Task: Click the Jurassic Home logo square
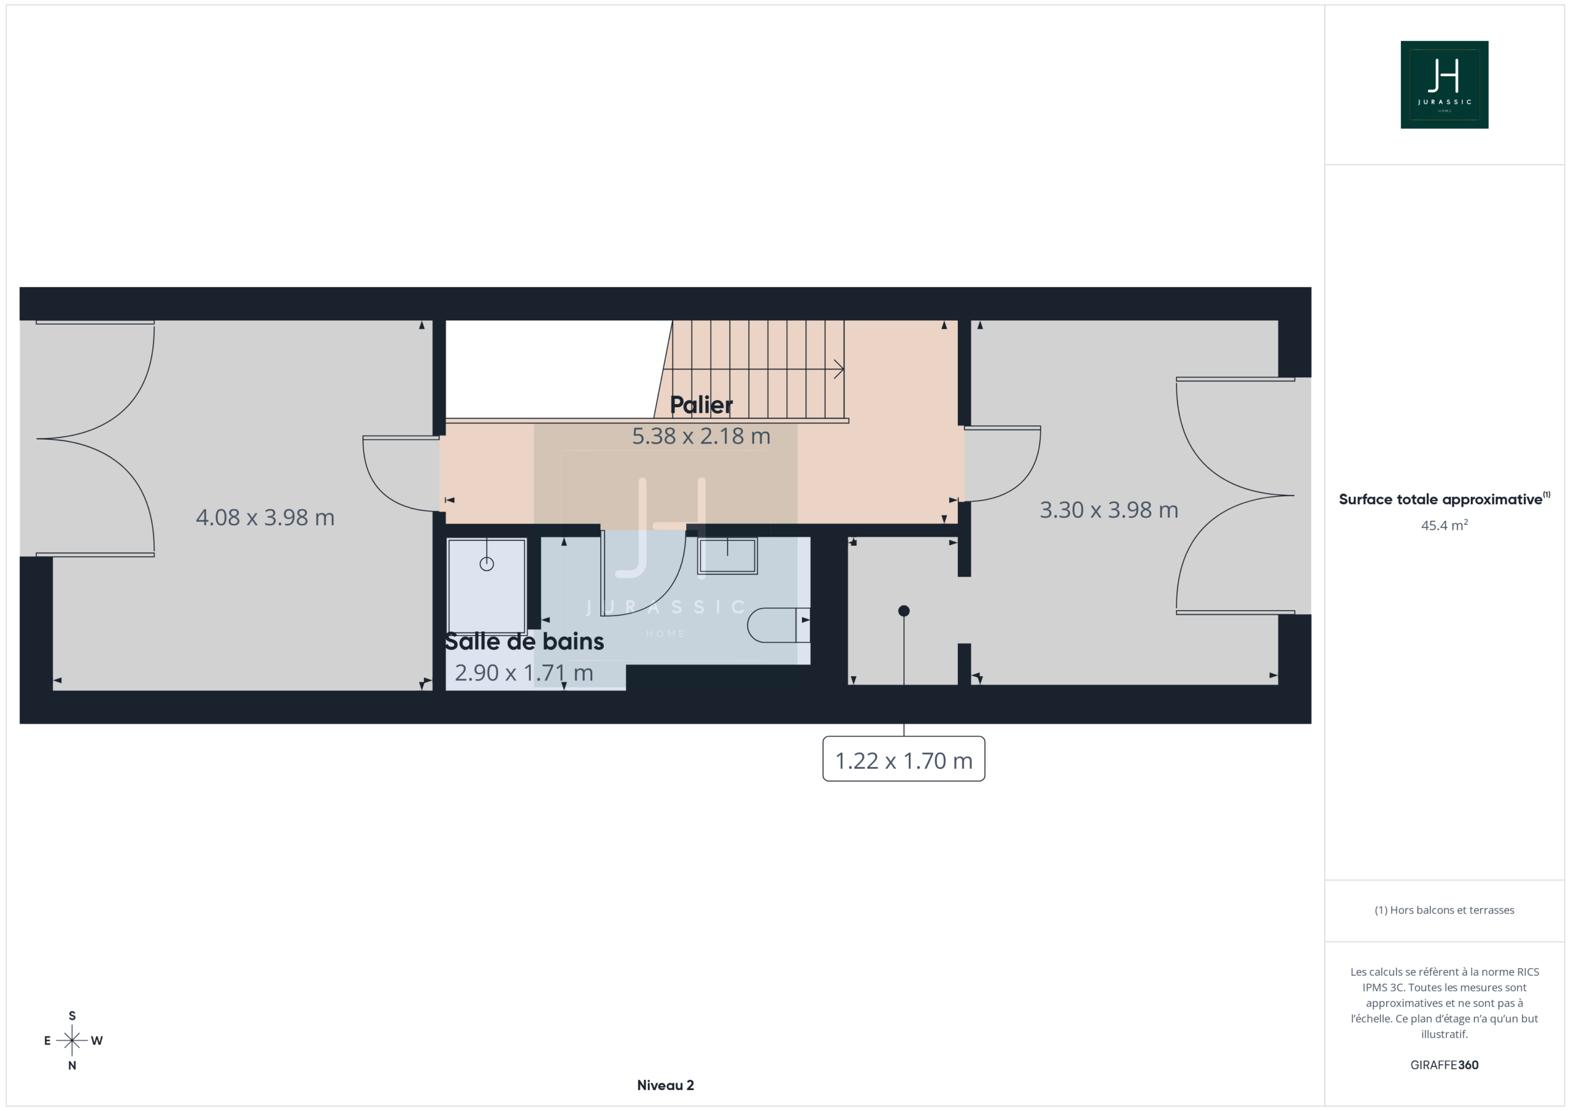point(1445,85)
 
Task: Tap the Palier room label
point(701,405)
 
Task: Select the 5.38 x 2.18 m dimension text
point(701,436)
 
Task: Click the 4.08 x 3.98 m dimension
point(264,517)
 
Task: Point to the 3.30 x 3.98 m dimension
point(1108,510)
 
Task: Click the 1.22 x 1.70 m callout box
point(903,759)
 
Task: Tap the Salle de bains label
point(524,642)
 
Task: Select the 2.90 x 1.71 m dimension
point(523,673)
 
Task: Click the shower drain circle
point(487,564)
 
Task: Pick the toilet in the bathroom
point(779,625)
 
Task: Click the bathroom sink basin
point(727,556)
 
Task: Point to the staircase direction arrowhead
point(840,369)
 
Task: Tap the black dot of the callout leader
point(904,611)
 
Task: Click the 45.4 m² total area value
point(1445,525)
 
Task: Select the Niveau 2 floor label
point(665,1085)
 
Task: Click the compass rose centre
point(72,1040)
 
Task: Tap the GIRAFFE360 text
point(1445,1065)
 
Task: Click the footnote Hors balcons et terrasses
point(1445,910)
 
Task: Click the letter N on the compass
point(72,1065)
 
